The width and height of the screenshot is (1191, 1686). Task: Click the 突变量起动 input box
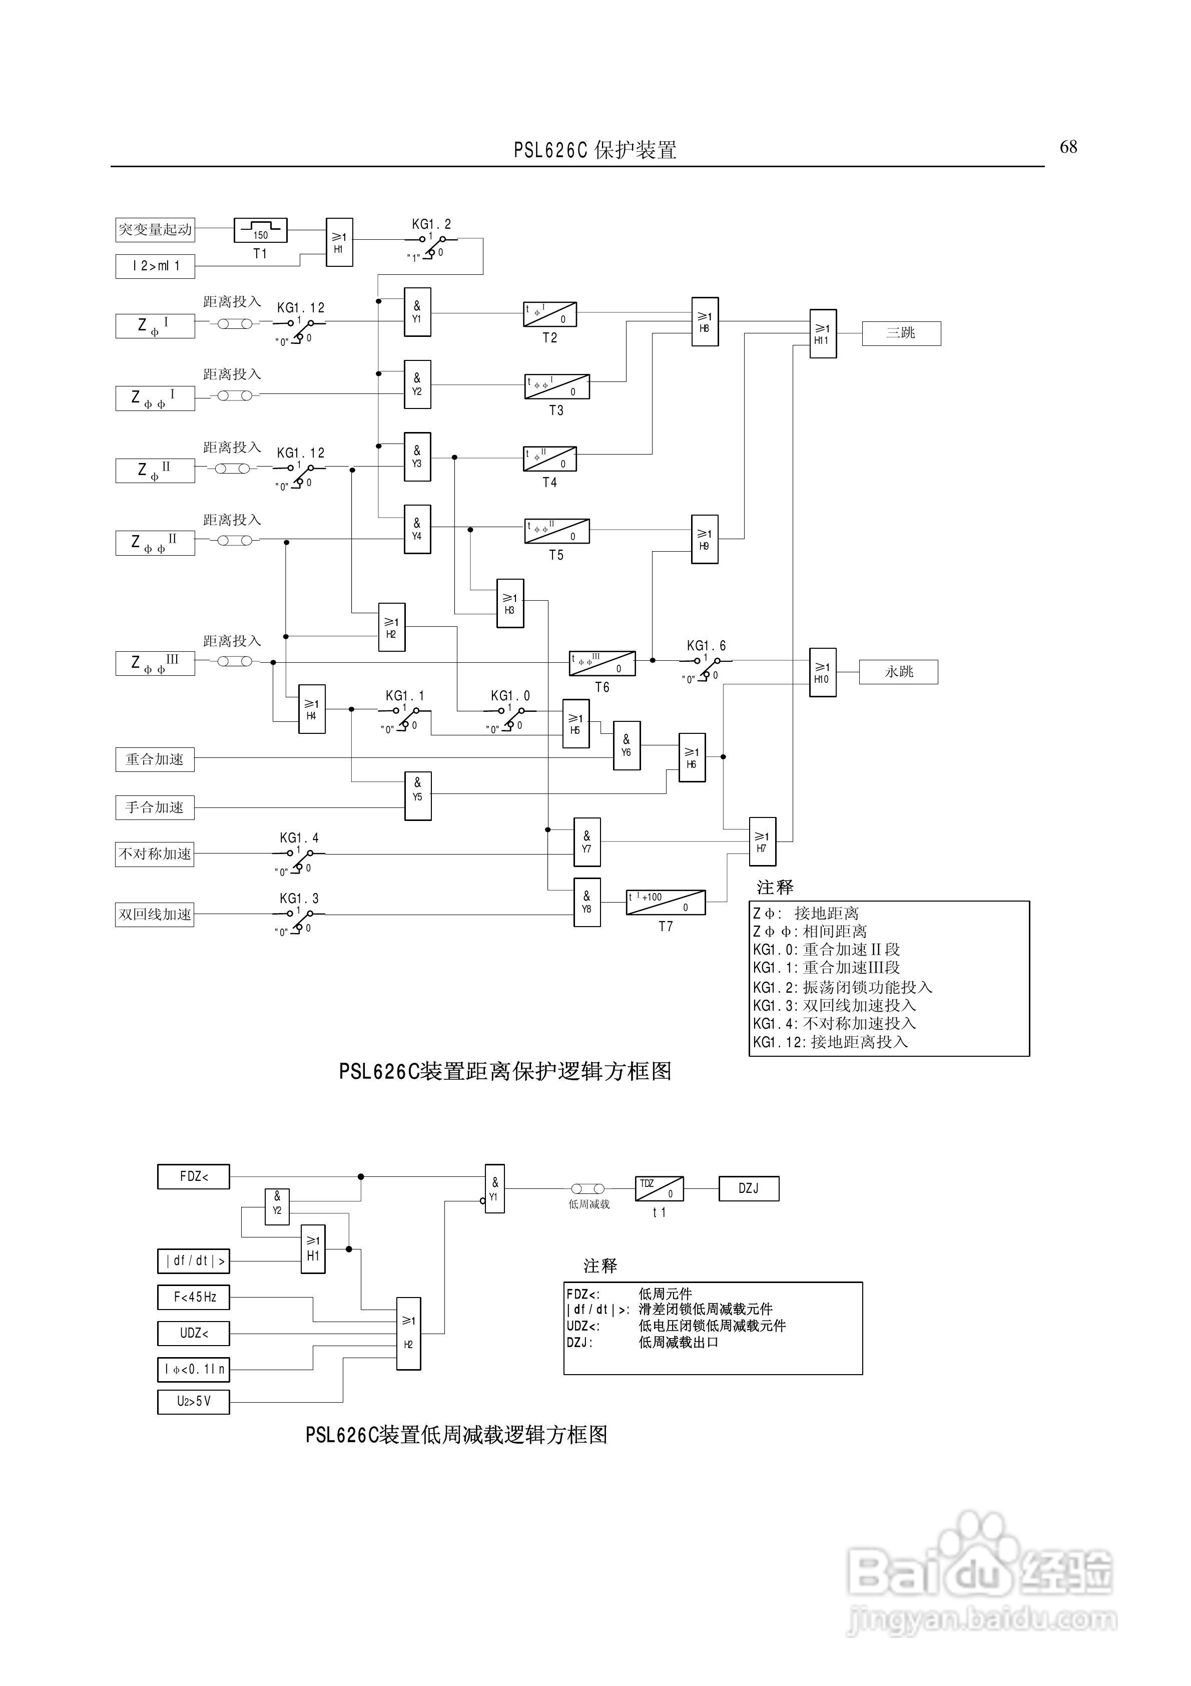[155, 230]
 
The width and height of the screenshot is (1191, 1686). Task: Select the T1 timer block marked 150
[261, 231]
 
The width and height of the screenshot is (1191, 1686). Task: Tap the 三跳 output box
[901, 333]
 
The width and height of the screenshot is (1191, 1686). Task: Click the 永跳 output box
[899, 672]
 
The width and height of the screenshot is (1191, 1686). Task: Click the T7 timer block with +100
[665, 903]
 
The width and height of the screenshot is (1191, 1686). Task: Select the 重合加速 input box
[155, 759]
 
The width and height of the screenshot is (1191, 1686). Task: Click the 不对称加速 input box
[155, 854]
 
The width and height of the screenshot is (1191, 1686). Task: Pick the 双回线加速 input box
[155, 914]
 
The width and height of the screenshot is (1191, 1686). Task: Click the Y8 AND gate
[586, 903]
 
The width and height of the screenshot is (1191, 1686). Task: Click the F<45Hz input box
[194, 1298]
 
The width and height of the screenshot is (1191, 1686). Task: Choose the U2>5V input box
[194, 1402]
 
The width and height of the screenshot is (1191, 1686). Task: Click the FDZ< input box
[194, 1176]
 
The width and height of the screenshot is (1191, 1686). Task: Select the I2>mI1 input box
[155, 266]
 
